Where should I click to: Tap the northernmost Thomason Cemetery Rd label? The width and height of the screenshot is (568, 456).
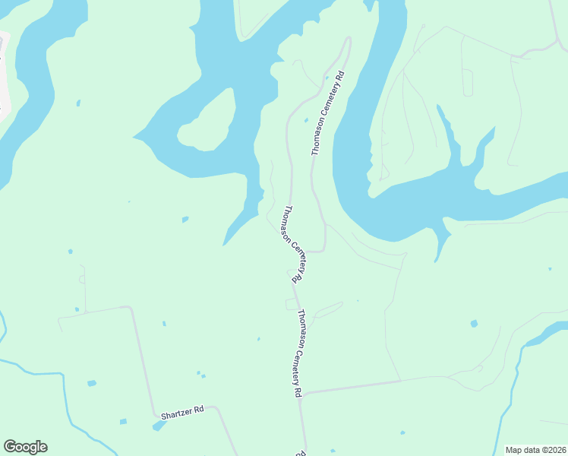click(x=328, y=115)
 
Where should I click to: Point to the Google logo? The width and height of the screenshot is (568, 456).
click(x=25, y=447)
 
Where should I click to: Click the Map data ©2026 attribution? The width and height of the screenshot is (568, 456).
click(x=536, y=450)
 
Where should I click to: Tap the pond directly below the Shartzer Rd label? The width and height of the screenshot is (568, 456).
click(x=159, y=426)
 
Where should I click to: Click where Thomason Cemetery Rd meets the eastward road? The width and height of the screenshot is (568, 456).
click(x=303, y=393)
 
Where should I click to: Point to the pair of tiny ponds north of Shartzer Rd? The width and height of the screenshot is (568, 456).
click(x=200, y=373)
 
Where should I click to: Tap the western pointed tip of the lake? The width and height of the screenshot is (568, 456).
click(x=135, y=138)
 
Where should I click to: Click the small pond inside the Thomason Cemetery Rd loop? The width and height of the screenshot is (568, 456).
click(x=306, y=120)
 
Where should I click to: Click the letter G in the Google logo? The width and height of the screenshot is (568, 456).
click(x=11, y=447)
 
